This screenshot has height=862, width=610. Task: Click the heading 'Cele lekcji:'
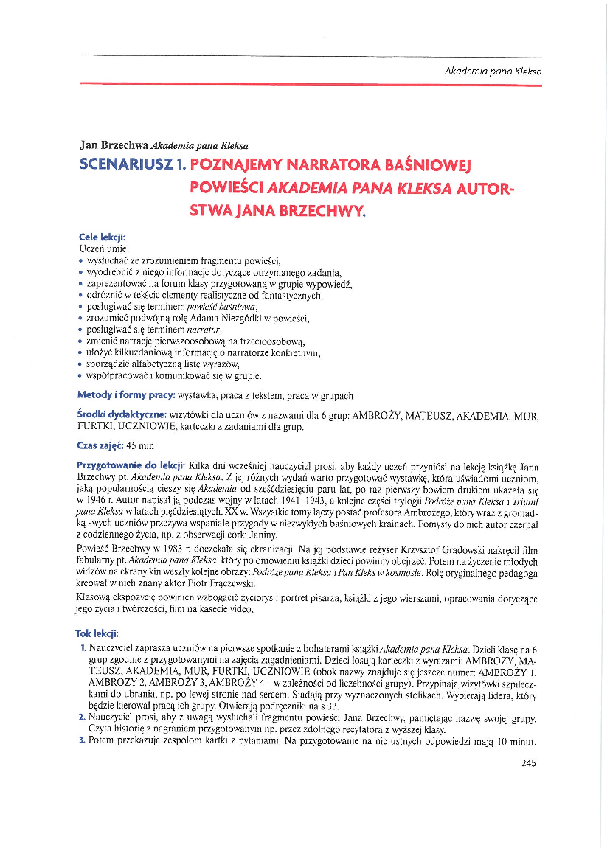click(x=102, y=237)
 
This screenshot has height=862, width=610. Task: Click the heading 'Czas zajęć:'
click(x=100, y=446)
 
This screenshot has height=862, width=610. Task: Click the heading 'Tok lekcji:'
click(x=97, y=633)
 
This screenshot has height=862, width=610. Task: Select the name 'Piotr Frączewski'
click(x=221, y=583)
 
